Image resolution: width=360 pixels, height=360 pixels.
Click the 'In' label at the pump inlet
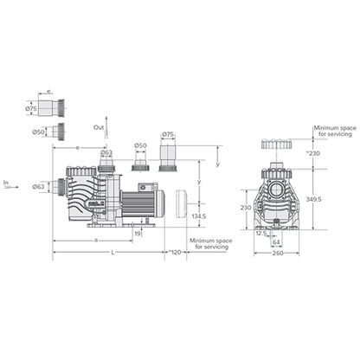(7, 183)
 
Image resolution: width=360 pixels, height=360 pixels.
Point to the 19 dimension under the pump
(138, 233)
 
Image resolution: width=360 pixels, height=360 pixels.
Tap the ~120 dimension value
(176, 252)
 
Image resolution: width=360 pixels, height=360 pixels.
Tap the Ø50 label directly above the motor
(140, 145)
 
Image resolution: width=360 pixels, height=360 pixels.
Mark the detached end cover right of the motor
(182, 204)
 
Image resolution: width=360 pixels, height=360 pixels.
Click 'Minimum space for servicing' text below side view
(210, 242)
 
